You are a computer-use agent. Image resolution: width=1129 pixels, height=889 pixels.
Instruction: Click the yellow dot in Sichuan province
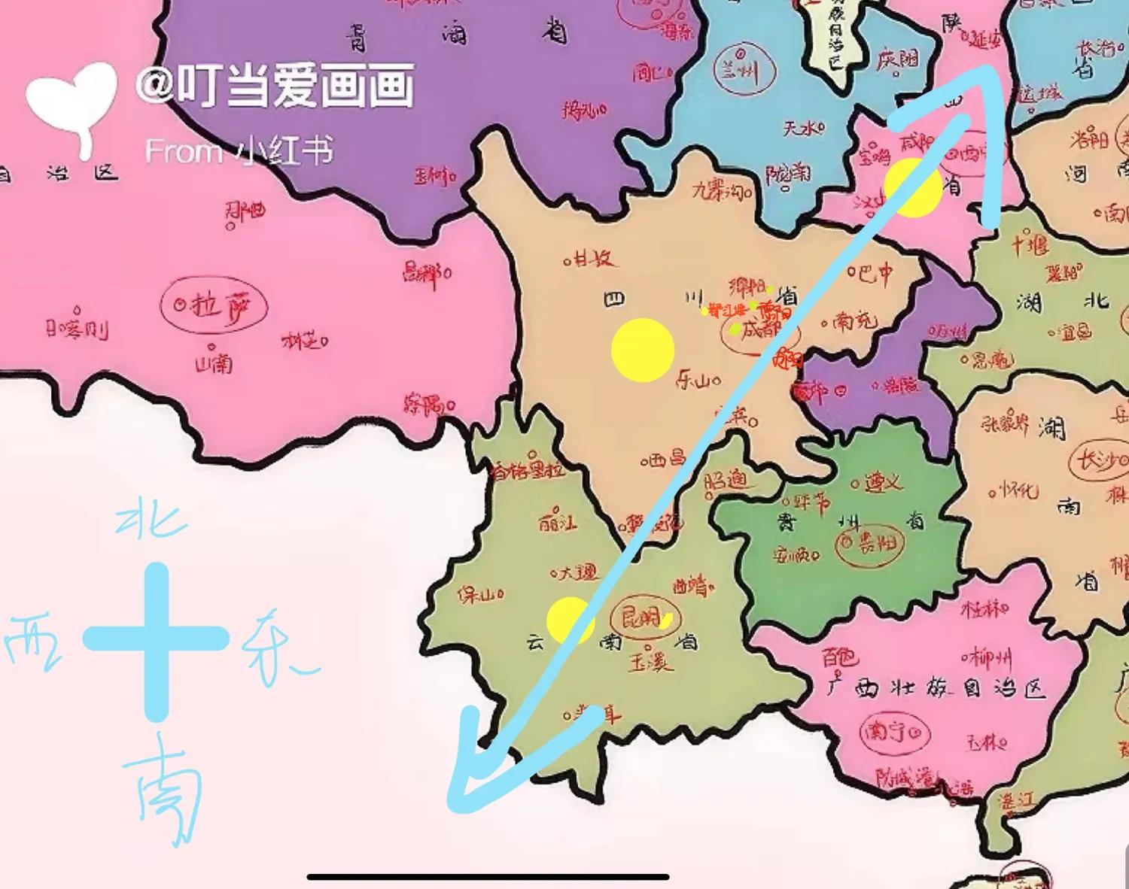(642, 350)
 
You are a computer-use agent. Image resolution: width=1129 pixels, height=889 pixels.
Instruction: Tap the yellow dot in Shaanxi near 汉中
(912, 186)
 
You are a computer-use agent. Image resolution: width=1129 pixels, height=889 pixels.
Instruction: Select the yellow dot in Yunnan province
(570, 620)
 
